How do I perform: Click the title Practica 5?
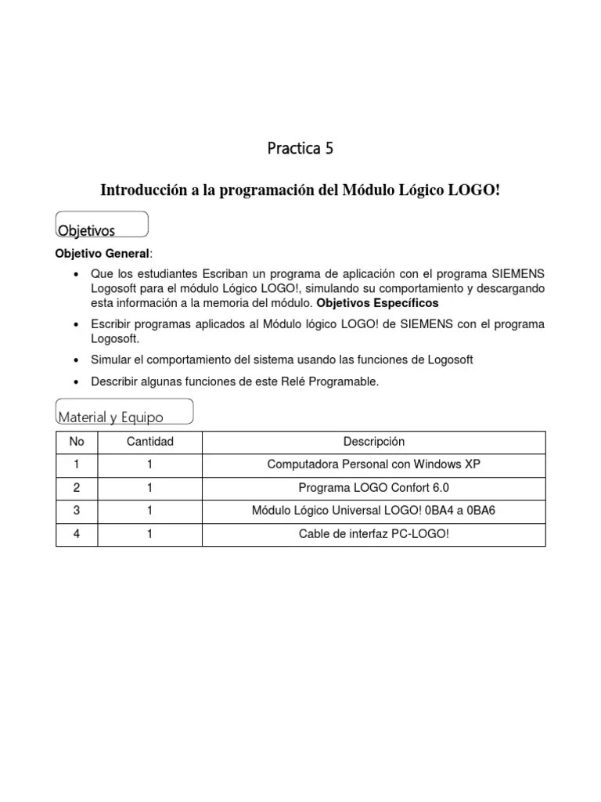point(300,148)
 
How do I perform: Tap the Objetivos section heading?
point(87,230)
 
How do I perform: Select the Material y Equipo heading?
point(110,417)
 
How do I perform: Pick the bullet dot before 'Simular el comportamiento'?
point(75,359)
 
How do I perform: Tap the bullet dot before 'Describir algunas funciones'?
point(75,381)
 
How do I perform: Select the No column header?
point(77,442)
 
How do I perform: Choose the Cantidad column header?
point(149,442)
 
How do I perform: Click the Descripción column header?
point(374,442)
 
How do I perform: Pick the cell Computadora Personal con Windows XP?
point(374,464)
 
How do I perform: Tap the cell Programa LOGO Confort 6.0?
point(374,488)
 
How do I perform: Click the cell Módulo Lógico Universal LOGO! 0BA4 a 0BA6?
point(374,511)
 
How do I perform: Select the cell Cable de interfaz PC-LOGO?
point(374,534)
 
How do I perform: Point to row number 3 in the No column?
point(77,511)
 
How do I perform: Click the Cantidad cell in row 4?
point(149,534)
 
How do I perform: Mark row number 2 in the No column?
point(77,488)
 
